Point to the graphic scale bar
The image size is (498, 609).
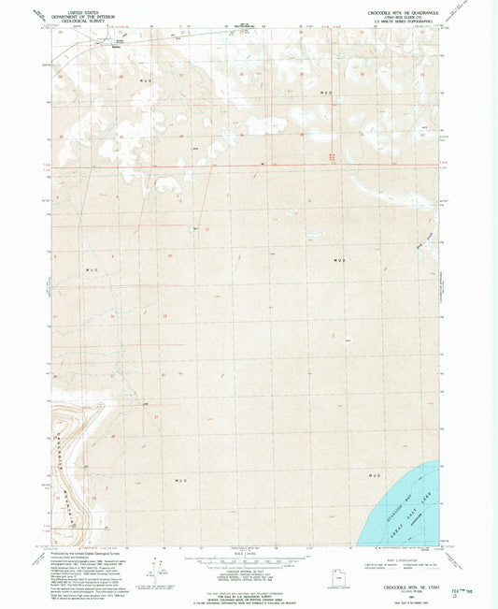coord(249,559)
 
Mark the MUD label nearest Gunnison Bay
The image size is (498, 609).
coord(377,476)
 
